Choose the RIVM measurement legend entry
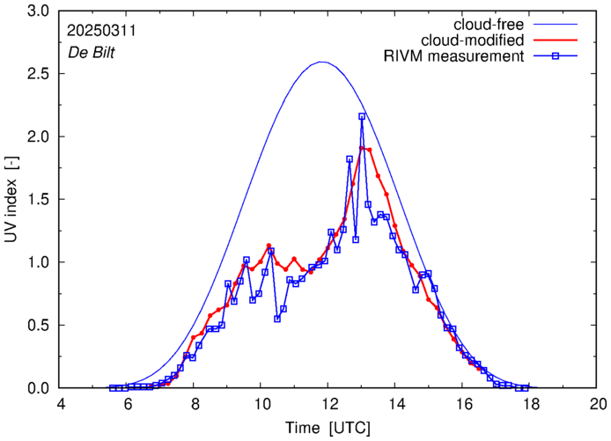[x=456, y=56]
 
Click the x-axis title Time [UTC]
[x=328, y=427]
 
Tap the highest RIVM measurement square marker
[x=362, y=116]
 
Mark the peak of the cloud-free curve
[x=322, y=62]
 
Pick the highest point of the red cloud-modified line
[x=362, y=148]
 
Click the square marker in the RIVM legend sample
[x=565, y=56]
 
